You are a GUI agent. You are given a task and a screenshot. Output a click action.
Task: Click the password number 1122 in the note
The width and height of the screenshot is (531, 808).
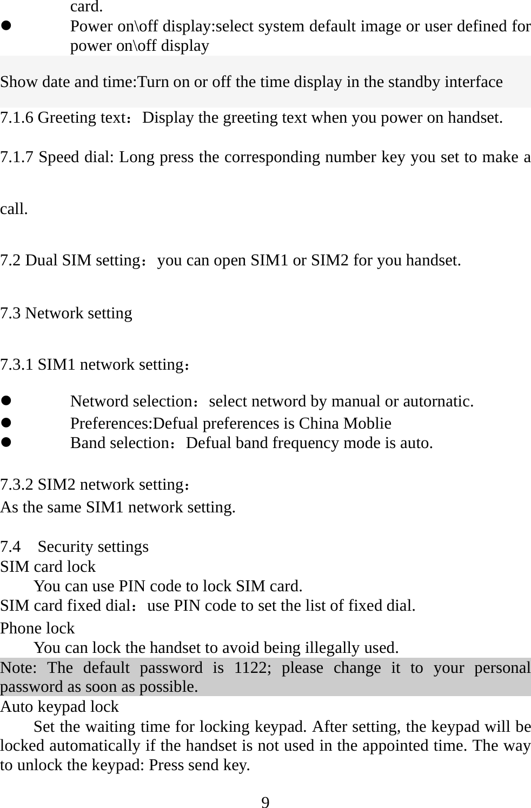[250, 667]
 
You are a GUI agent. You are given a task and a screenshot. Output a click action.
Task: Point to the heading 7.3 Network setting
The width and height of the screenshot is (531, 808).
[66, 313]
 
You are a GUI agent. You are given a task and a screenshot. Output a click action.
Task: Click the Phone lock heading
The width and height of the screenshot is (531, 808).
[37, 628]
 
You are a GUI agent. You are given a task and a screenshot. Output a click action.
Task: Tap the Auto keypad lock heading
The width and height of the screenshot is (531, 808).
[59, 706]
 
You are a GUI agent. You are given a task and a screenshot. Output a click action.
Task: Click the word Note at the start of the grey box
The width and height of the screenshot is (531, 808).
[18, 667]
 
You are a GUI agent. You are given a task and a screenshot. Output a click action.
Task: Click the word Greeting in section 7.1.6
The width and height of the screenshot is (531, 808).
[63, 117]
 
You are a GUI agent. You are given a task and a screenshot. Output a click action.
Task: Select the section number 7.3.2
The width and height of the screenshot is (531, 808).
[17, 484]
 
